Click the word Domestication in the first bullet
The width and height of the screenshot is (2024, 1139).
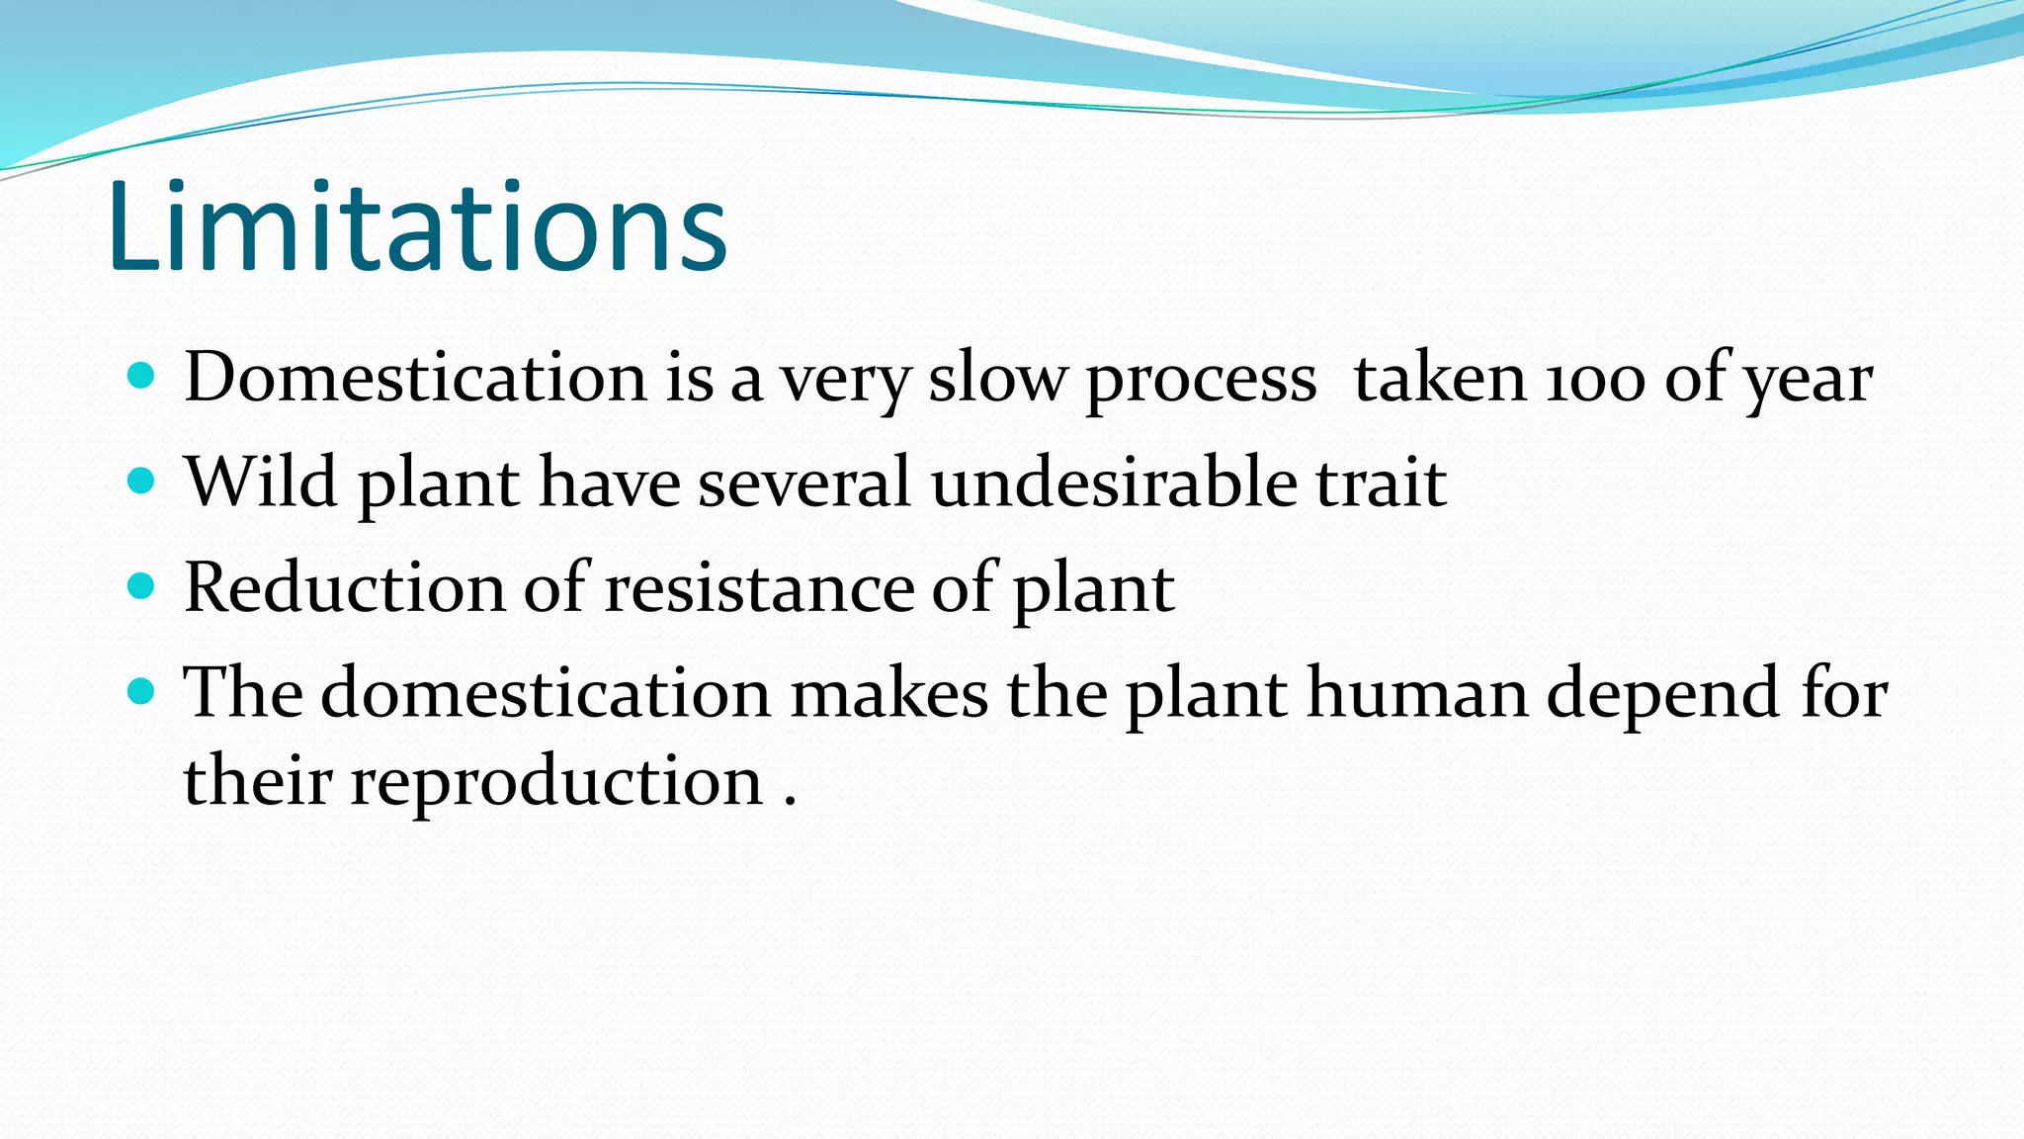[x=415, y=378]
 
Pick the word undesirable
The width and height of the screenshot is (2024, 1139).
[x=1114, y=482]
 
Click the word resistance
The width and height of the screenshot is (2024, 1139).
[x=759, y=588]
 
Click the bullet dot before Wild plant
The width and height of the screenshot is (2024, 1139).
[x=142, y=482]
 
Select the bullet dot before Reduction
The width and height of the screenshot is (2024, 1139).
[x=142, y=586]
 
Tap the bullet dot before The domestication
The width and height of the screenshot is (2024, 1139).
[x=142, y=691]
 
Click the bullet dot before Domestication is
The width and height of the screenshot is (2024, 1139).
[x=142, y=376]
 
